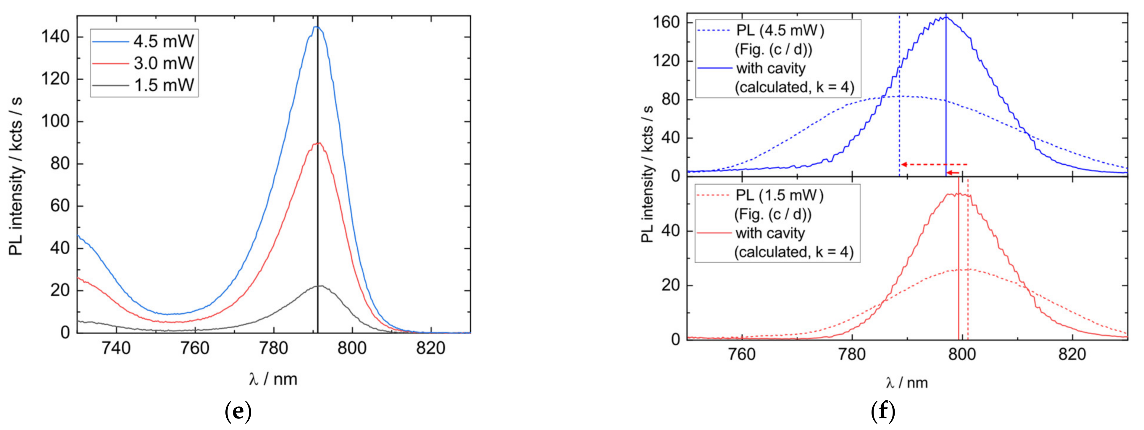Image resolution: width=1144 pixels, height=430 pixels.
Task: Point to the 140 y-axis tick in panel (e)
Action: pyautogui.click(x=56, y=37)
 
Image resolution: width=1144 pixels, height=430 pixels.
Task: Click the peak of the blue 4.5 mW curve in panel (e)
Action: pyautogui.click(x=316, y=27)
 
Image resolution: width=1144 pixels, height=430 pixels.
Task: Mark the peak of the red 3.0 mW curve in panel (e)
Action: pyautogui.click(x=318, y=143)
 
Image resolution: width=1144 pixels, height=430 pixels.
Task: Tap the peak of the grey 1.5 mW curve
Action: pyautogui.click(x=320, y=286)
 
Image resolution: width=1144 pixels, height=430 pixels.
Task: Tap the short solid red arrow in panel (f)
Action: pyautogui.click(x=953, y=173)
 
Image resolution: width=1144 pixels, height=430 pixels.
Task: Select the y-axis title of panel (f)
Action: pyautogui.click(x=648, y=175)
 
